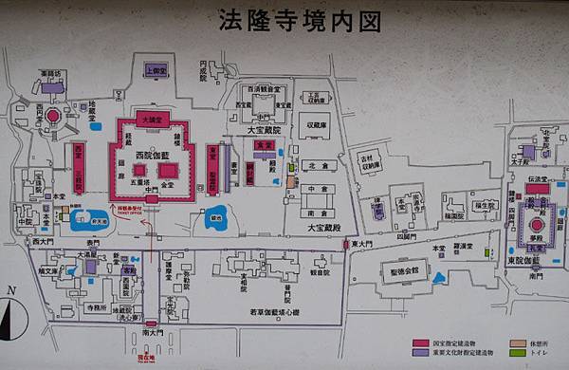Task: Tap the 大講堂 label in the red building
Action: pyautogui.click(x=153, y=121)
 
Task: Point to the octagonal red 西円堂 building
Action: pyautogui.click(x=53, y=116)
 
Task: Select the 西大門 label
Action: pyautogui.click(x=42, y=243)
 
